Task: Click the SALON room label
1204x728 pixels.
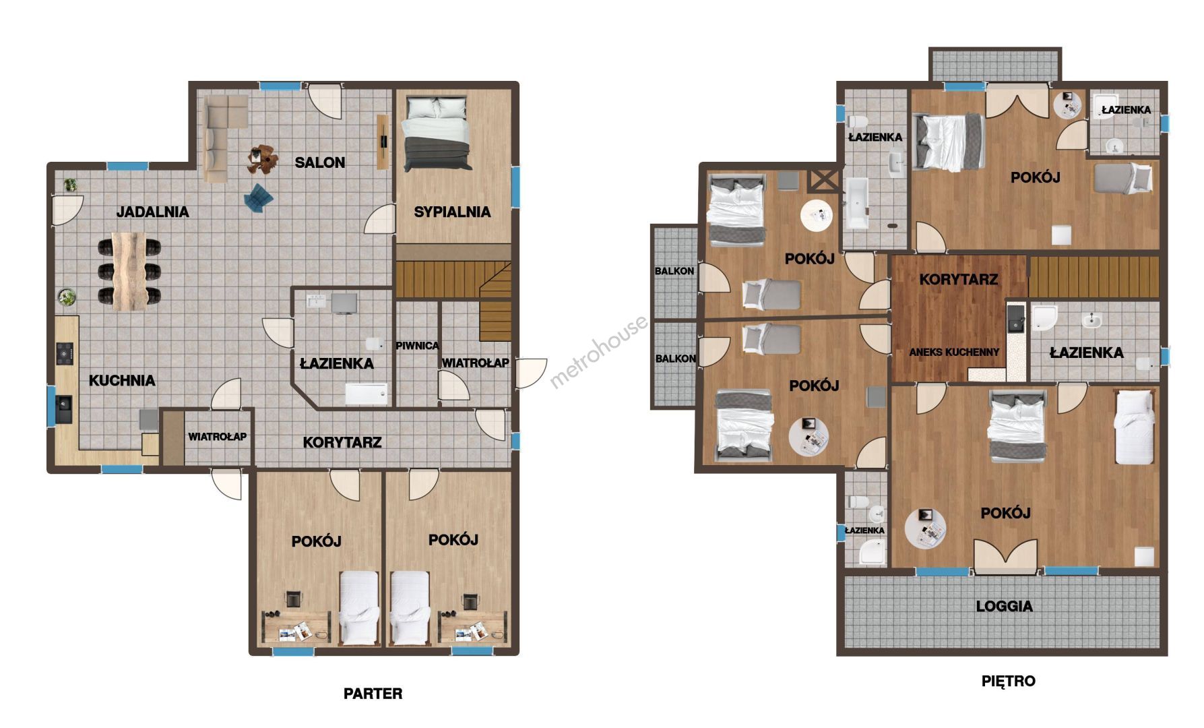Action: (320, 162)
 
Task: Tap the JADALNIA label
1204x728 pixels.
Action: (153, 212)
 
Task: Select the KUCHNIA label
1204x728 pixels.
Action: (122, 380)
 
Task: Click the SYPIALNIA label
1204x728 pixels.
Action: (452, 212)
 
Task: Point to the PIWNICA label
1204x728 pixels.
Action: (417, 346)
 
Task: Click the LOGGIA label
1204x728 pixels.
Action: (1005, 606)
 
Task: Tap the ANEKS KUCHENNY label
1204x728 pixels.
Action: (954, 352)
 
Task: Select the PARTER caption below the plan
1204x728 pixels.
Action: (373, 694)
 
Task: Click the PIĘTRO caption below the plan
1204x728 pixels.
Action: (1008, 681)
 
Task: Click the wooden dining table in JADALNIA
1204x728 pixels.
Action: (129, 271)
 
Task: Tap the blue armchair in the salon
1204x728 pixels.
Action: (259, 197)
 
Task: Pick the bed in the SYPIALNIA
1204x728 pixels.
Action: (435, 134)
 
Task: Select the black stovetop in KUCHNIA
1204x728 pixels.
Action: (65, 354)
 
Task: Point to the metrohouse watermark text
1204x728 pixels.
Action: (599, 352)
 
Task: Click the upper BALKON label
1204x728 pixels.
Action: (674, 271)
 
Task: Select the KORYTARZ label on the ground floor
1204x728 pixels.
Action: (342, 442)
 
